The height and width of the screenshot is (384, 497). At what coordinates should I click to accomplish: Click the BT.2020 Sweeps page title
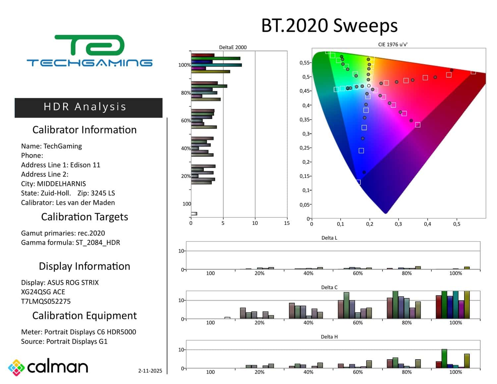pyautogui.click(x=329, y=26)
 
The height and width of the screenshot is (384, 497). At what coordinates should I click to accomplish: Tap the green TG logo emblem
pyautogui.click(x=89, y=45)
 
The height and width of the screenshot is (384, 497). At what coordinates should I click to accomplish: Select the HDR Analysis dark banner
pyautogui.click(x=88, y=107)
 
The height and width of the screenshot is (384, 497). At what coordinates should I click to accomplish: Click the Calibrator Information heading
pyautogui.click(x=84, y=130)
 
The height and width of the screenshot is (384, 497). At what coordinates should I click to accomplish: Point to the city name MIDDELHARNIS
pyautogui.click(x=61, y=184)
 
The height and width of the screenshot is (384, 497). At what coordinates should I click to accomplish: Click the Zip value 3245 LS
pyautogui.click(x=103, y=193)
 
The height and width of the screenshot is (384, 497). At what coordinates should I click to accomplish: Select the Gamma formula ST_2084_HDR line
pyautogui.click(x=71, y=243)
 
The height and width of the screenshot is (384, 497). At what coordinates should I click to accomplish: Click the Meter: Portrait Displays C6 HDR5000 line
pyautogui.click(x=79, y=332)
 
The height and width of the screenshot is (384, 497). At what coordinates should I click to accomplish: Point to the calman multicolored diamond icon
pyautogui.click(x=16, y=367)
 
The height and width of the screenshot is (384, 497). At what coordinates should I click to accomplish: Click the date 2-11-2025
pyautogui.click(x=150, y=371)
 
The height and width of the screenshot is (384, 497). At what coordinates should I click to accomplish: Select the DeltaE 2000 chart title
pyautogui.click(x=233, y=47)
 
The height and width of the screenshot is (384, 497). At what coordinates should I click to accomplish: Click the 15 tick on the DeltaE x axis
pyautogui.click(x=287, y=223)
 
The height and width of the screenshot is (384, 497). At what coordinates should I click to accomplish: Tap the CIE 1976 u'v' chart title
pyautogui.click(x=393, y=44)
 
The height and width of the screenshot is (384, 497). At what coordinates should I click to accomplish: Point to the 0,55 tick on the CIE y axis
pyautogui.click(x=304, y=63)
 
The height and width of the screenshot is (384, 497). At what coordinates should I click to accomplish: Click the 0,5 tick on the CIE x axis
pyautogui.click(x=457, y=224)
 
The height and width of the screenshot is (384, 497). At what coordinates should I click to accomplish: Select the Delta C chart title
pyautogui.click(x=329, y=287)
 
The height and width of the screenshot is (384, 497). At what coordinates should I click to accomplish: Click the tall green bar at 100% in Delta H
pyautogui.click(x=444, y=358)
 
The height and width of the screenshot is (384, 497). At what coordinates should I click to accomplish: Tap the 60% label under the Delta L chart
pyautogui.click(x=358, y=273)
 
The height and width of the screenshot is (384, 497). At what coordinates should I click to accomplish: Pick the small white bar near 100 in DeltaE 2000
pyautogui.click(x=194, y=214)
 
